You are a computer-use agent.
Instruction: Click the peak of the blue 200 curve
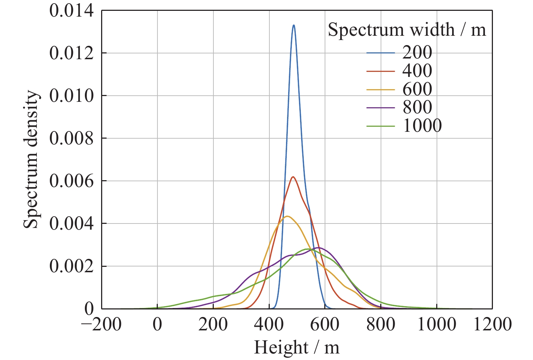(294, 25)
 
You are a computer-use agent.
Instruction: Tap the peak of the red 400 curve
(293, 177)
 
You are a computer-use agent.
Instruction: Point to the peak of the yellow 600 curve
(287, 216)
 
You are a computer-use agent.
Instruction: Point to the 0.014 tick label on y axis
(71, 11)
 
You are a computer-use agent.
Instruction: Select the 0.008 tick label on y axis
(71, 138)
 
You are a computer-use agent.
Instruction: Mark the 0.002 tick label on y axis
(71, 266)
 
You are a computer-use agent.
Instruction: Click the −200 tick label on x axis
(101, 325)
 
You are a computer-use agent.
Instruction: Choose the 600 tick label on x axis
(325, 325)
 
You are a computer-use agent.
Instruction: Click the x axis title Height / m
(297, 348)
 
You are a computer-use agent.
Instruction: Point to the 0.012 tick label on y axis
(71, 53)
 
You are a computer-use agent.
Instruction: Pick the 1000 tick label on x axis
(437, 325)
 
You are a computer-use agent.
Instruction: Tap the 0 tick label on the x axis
(157, 325)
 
